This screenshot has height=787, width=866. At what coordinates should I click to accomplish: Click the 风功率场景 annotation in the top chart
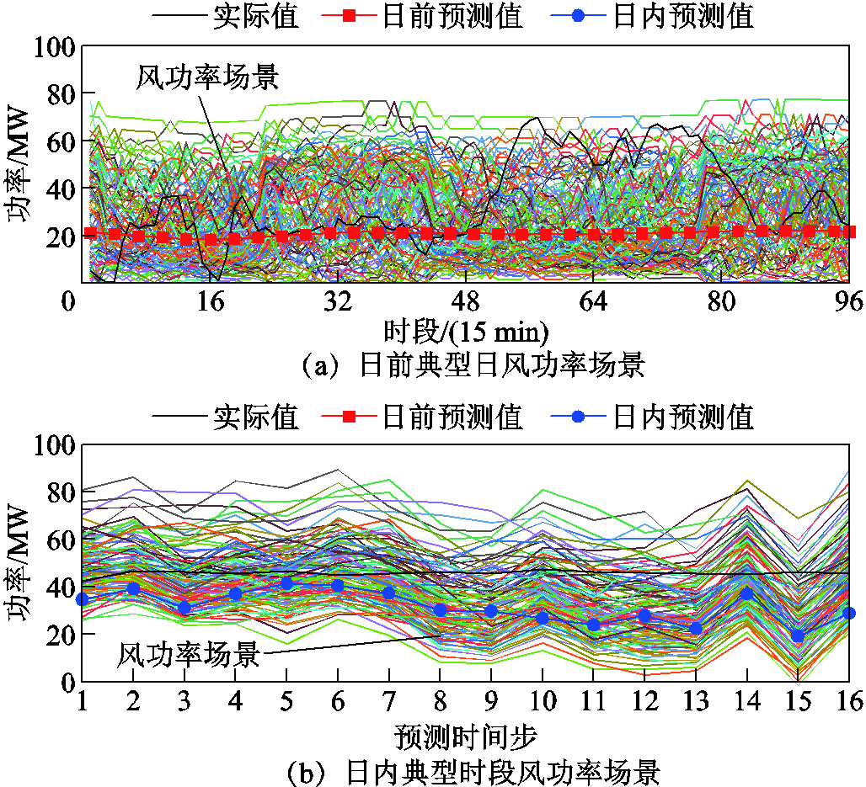pos(206,77)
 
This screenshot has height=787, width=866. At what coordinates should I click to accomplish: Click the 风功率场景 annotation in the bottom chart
pos(189,654)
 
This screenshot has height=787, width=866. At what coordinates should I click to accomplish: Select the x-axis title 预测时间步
pos(466,736)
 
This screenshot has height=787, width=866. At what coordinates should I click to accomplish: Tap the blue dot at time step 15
pos(798,636)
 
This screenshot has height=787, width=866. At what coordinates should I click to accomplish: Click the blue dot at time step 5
pos(287,583)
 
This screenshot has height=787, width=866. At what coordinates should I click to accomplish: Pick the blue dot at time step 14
pos(746,593)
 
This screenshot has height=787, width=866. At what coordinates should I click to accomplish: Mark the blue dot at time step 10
pos(543,618)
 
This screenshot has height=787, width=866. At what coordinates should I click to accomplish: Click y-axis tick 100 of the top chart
pos(56,48)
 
